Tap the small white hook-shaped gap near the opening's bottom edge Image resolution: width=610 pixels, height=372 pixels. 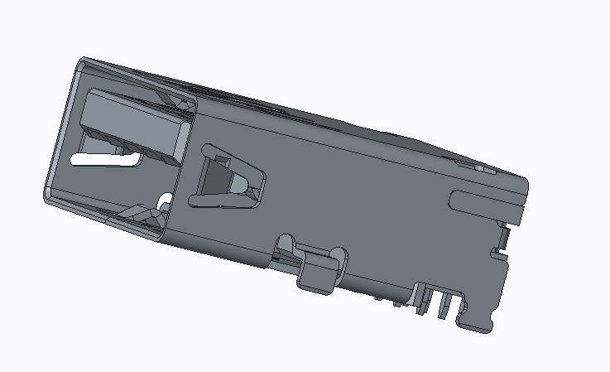[x=165, y=200]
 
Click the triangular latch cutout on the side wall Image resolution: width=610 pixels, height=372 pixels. [x=228, y=178]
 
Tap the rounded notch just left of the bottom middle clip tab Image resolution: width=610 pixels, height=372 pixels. [x=286, y=244]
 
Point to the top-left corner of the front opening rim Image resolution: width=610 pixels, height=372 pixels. [x=82, y=61]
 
